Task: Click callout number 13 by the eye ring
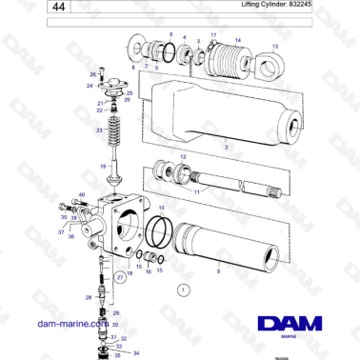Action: pyautogui.click(x=276, y=46)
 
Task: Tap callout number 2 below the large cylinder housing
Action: pyautogui.click(x=226, y=149)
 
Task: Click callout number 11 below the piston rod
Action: pyautogui.click(x=197, y=192)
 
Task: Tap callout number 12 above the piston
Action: pyautogui.click(x=183, y=155)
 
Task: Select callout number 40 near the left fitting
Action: pyautogui.click(x=81, y=194)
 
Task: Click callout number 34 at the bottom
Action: pyautogui.click(x=135, y=353)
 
